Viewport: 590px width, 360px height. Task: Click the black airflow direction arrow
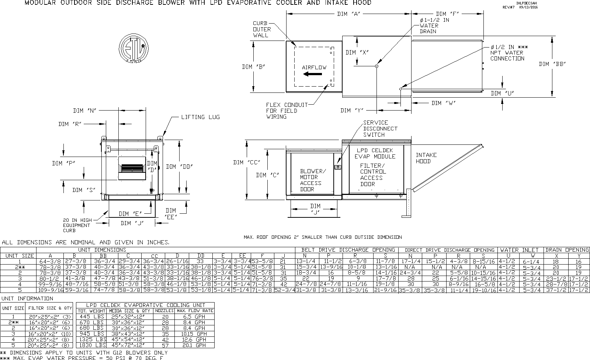pyautogui.click(x=310, y=74)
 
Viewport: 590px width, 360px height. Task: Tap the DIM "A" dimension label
pyautogui.click(x=348, y=14)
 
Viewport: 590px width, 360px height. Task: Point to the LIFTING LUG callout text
pyautogui.click(x=200, y=117)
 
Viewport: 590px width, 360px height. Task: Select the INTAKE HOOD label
pyautogui.click(x=426, y=158)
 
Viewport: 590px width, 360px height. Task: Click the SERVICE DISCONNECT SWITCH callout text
pyautogui.click(x=380, y=129)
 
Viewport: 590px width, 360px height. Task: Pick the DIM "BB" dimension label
pyautogui.click(x=552, y=64)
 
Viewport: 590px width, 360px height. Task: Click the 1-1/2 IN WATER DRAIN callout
pyautogui.click(x=434, y=26)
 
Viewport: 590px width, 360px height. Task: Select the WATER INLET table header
pyautogui.click(x=520, y=250)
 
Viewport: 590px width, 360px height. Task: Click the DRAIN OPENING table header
pyautogui.click(x=567, y=250)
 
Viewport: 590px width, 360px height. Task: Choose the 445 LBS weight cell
pyautogui.click(x=91, y=317)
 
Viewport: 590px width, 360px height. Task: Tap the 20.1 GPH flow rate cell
pyautogui.click(x=195, y=345)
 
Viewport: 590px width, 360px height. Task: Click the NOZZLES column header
pyautogui.click(x=164, y=311)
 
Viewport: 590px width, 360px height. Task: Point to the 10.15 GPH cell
pyautogui.click(x=195, y=334)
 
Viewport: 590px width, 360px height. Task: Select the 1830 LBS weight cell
pyautogui.click(x=91, y=345)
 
